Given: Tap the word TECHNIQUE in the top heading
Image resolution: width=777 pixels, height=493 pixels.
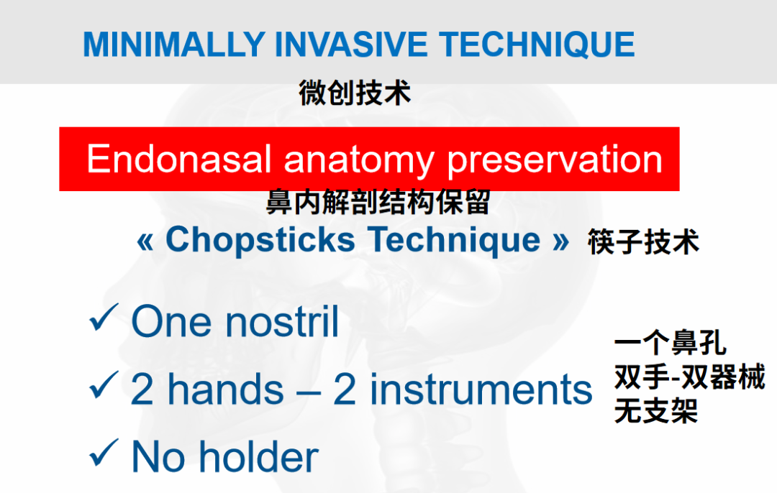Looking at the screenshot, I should click(538, 44).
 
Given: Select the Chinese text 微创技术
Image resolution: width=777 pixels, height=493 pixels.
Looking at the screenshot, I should click(355, 93).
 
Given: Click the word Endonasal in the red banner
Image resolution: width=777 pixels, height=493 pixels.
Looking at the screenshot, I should click(178, 160).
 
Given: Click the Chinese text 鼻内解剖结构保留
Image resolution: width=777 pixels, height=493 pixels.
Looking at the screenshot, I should click(378, 202).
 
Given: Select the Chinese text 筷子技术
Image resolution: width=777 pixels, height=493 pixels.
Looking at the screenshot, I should click(643, 242).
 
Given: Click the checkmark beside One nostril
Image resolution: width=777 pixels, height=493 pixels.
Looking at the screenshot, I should click(103, 318).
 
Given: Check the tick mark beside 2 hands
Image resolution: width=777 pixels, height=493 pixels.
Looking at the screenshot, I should click(103, 387).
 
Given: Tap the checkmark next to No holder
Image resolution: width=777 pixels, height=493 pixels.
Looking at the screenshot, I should click(103, 454).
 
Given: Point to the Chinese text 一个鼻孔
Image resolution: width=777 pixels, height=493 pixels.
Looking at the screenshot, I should click(670, 344).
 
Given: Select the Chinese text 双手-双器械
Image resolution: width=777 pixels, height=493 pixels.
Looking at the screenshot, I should click(689, 377).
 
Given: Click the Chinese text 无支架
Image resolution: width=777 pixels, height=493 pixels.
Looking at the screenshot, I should click(655, 411).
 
